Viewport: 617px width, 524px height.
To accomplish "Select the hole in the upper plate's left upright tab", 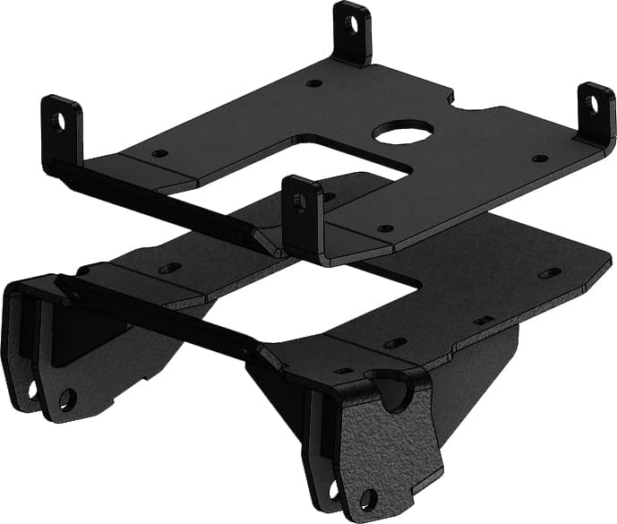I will click(58, 120).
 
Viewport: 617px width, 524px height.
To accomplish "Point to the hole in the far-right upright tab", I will click(591, 105).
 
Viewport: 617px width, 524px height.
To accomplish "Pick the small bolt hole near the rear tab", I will click(313, 83).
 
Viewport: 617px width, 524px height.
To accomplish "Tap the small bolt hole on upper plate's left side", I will click(159, 153).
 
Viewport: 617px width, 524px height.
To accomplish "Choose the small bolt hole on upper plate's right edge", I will click(540, 159).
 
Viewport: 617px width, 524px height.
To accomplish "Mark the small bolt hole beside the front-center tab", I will click(385, 228).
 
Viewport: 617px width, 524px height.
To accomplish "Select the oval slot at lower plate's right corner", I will click(549, 272).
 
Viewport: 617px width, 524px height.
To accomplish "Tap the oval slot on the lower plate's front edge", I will click(395, 343).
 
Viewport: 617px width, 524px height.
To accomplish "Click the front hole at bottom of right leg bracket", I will click(366, 498).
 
